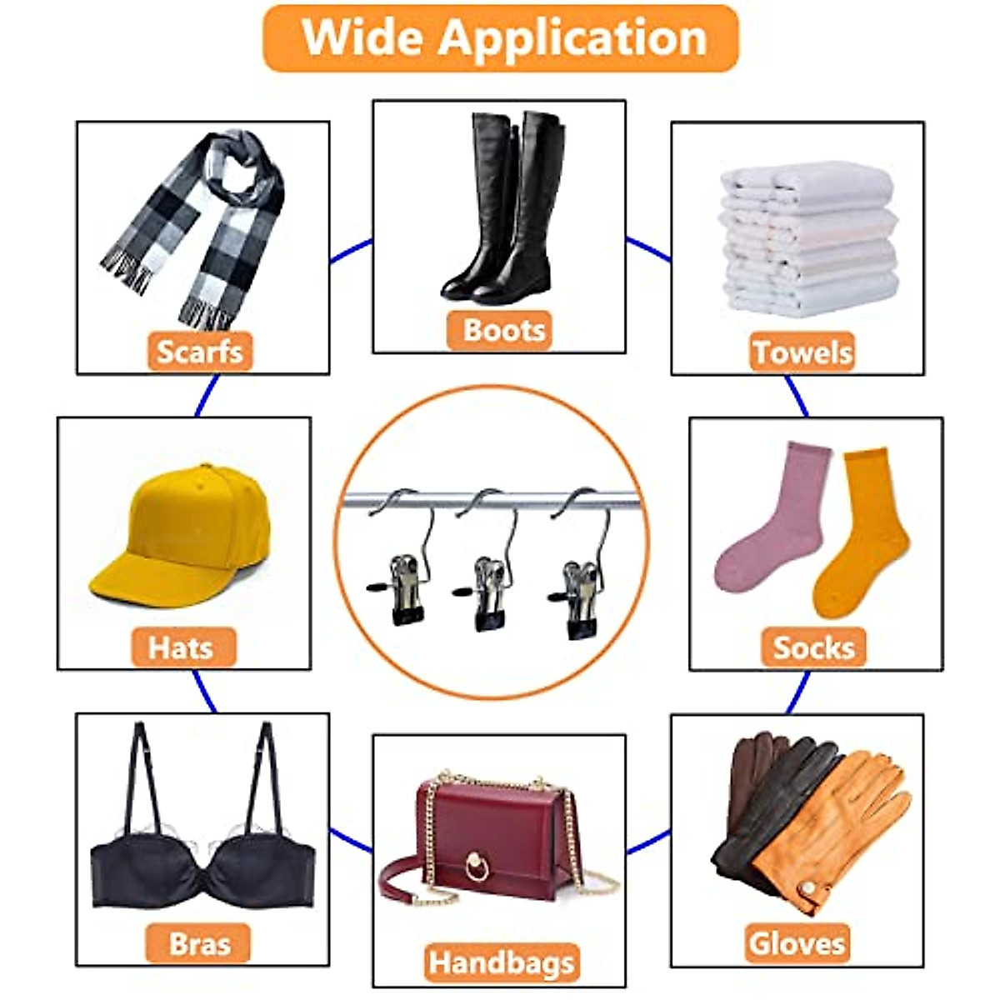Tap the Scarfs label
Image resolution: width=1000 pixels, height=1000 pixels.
click(200, 352)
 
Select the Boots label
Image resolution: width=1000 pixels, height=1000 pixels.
click(503, 330)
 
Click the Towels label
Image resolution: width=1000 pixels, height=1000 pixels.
click(802, 352)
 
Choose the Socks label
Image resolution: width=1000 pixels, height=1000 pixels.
click(813, 647)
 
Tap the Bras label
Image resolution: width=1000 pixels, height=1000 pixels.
click(199, 943)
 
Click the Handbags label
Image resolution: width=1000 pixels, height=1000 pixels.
click(502, 963)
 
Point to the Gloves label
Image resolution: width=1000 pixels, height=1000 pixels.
click(797, 943)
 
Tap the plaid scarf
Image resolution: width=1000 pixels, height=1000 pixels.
click(200, 225)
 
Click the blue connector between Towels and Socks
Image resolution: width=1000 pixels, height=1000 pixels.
click(797, 397)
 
